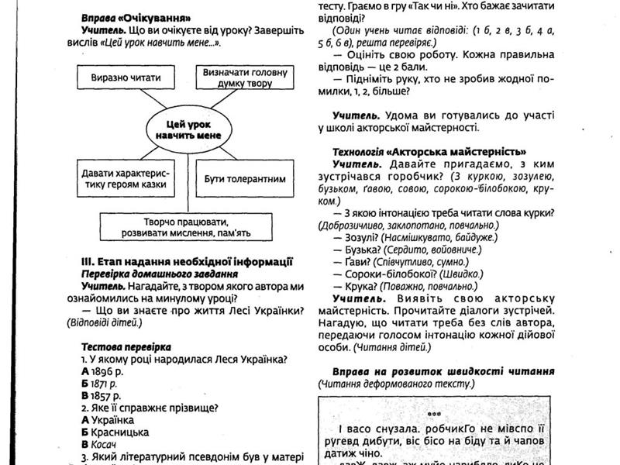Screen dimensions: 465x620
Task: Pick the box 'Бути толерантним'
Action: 245,178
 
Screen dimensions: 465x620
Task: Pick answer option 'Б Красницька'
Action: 115,432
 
